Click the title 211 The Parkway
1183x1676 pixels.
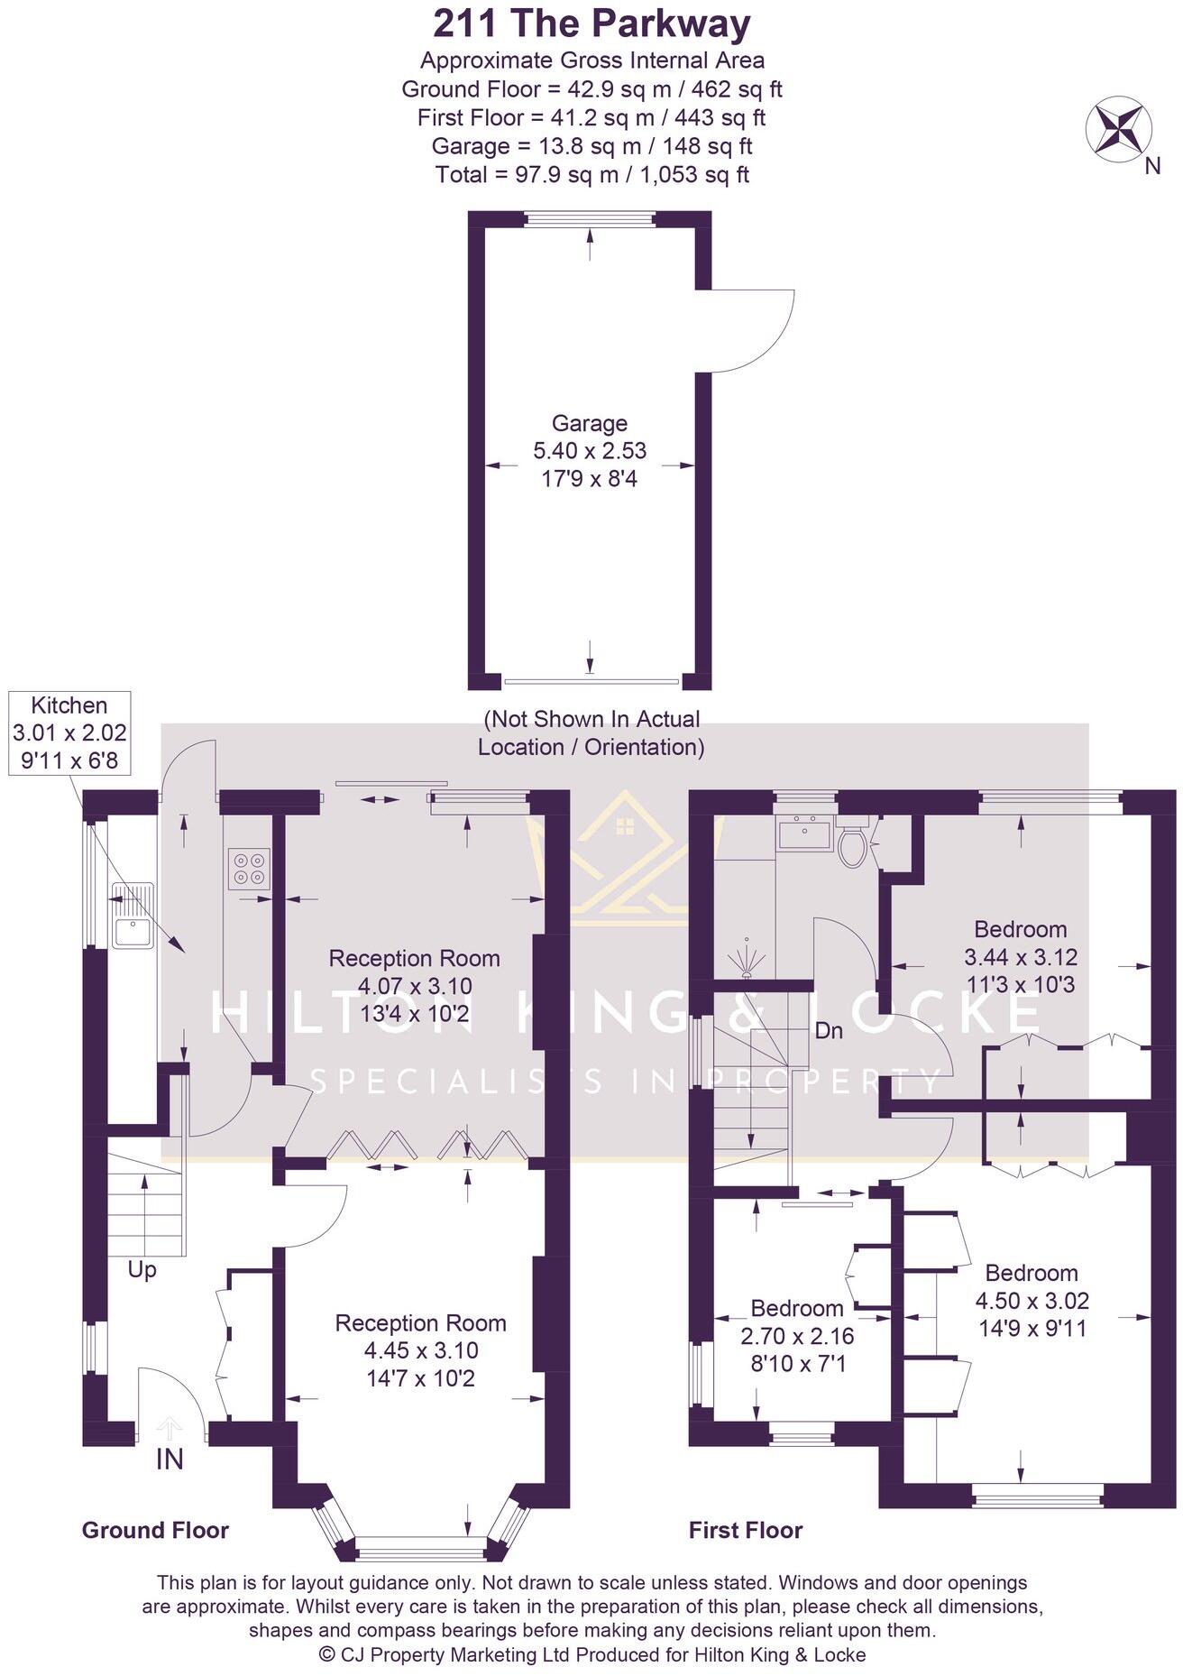[591, 24]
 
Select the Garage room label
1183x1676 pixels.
[590, 423]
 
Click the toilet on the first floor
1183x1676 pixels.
[852, 843]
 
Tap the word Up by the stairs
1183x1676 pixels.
[142, 1269]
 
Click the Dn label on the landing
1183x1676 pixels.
[828, 1030]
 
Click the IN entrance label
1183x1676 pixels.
[170, 1459]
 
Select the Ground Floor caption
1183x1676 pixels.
[155, 1530]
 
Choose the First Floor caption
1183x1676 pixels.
[745, 1530]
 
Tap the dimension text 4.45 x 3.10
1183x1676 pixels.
[421, 1350]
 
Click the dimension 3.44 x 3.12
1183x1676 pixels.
[1021, 957]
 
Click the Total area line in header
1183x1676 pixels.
[591, 174]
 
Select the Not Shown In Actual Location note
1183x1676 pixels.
[591, 732]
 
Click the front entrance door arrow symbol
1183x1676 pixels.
[170, 1426]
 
